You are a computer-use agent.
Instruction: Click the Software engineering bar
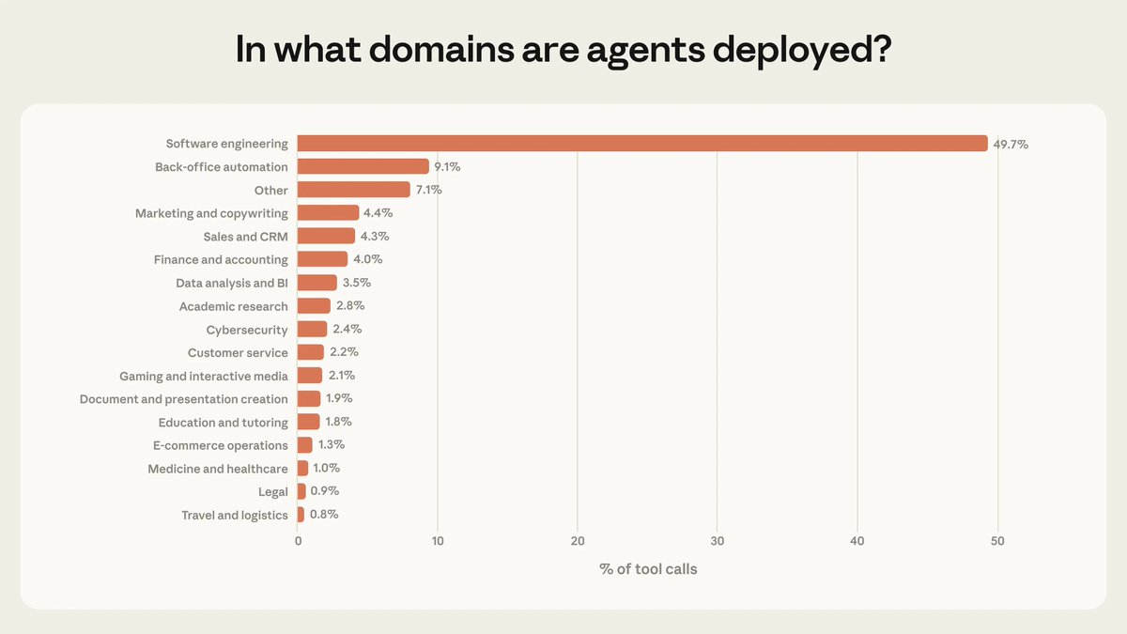coord(642,144)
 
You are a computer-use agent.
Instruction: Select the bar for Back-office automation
coord(363,166)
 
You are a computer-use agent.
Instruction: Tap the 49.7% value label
coord(1011,145)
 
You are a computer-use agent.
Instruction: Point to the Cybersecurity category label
coord(247,330)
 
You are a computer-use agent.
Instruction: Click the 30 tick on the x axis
coord(718,541)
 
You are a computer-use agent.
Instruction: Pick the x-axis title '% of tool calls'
coord(648,568)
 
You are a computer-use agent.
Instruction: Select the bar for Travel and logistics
coord(301,515)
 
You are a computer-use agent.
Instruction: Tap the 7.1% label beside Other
coord(428,190)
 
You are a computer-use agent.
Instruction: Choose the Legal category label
coord(273,491)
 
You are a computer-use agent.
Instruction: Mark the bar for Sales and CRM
coord(326,237)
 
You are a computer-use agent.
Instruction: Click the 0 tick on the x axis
coord(298,541)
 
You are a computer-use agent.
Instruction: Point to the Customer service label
coord(238,353)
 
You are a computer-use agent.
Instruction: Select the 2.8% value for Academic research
coord(349,306)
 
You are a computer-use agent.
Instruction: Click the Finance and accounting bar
coord(322,259)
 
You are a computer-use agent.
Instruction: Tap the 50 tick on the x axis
coord(997,541)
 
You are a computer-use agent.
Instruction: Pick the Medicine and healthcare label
coord(218,469)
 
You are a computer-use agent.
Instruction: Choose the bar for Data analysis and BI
coord(317,283)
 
